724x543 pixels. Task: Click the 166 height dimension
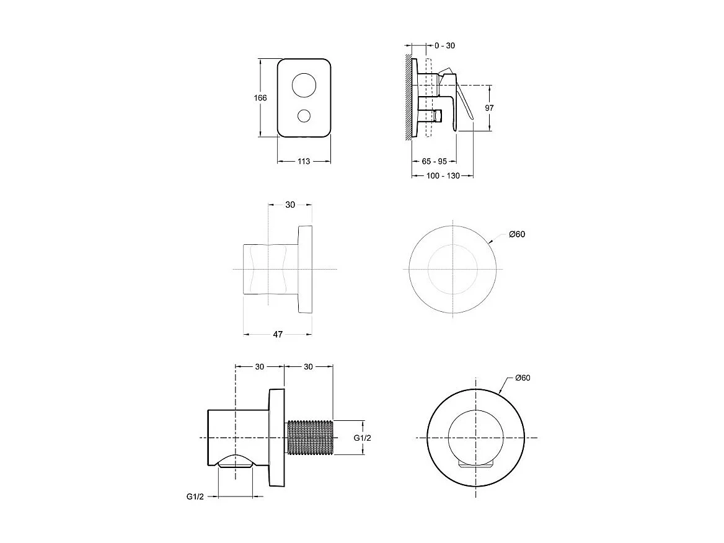[x=260, y=98]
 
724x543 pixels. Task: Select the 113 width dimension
[x=304, y=161]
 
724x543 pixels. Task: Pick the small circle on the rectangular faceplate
[x=304, y=115]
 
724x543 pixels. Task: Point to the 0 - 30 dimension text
[x=444, y=45]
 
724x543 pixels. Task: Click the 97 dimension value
[x=489, y=107]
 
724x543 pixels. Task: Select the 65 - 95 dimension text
[x=434, y=161]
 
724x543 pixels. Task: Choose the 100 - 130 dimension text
[x=443, y=176]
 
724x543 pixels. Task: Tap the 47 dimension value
[x=278, y=335]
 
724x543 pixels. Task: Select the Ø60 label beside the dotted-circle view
[x=517, y=234]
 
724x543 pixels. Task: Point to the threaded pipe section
[x=310, y=438]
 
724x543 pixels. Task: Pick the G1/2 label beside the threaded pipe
[x=362, y=438]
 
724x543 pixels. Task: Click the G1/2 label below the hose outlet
[x=195, y=497]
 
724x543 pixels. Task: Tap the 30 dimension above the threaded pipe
[x=308, y=366]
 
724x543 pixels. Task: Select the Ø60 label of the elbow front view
[x=522, y=378]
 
